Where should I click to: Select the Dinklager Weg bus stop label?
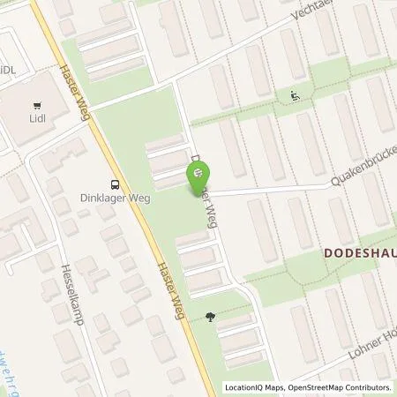tap(116, 198)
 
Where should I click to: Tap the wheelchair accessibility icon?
tap(295, 96)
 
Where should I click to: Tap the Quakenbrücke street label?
tap(361, 176)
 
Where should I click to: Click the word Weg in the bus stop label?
tap(139, 198)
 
